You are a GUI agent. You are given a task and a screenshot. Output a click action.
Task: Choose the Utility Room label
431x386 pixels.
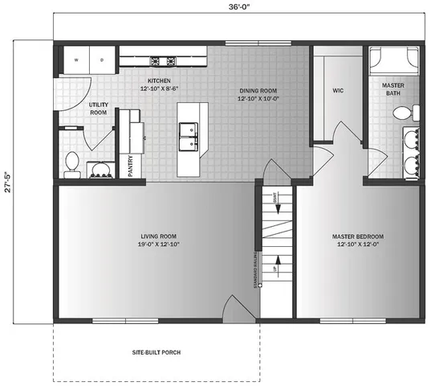click(98, 109)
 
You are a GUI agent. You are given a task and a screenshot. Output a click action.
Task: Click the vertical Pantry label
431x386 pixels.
click(130, 165)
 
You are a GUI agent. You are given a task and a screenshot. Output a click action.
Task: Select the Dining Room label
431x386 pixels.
click(257, 94)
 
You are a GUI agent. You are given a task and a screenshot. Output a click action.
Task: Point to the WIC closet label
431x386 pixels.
click(338, 90)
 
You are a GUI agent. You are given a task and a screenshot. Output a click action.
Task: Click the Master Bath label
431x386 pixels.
click(392, 88)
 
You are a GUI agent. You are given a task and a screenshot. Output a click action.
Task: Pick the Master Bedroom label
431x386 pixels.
click(358, 240)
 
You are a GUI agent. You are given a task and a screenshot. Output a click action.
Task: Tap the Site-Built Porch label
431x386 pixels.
click(156, 353)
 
